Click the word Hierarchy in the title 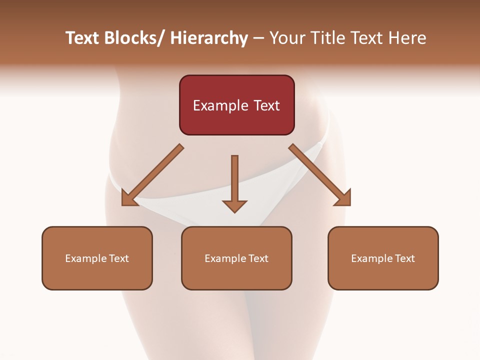(x=209, y=38)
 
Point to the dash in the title (x=258, y=38)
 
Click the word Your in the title (x=286, y=38)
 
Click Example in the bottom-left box (x=83, y=258)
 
